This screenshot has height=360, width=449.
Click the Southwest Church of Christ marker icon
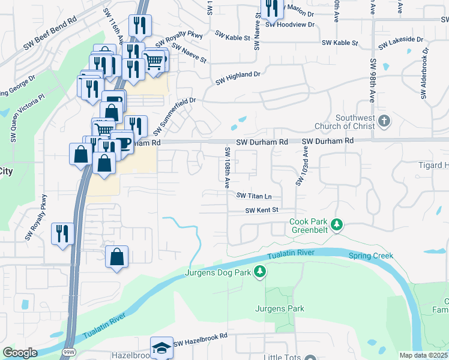[385, 121]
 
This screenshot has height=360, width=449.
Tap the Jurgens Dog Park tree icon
[260, 272]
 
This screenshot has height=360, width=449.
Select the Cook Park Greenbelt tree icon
[337, 225]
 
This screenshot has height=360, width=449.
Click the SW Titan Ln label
[254, 196]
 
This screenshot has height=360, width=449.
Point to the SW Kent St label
[262, 210]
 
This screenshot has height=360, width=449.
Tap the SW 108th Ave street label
[228, 167]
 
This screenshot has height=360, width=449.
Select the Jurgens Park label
[280, 309]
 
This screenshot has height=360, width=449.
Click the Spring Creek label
[371, 256]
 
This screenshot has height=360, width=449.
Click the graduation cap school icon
[161, 348]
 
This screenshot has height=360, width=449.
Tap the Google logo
[20, 353]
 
